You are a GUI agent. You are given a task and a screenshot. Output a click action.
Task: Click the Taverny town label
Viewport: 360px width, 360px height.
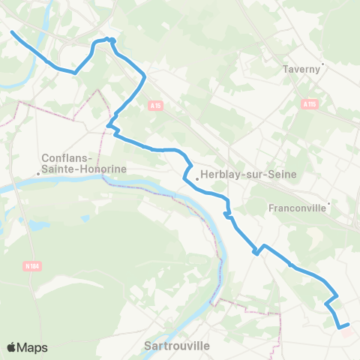(302, 70)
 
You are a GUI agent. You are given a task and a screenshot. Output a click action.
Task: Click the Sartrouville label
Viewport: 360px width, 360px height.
(176, 346)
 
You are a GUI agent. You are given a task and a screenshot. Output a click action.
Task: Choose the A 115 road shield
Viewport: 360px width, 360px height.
(309, 104)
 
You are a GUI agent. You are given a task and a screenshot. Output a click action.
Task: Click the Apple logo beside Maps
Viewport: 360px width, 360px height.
(12, 347)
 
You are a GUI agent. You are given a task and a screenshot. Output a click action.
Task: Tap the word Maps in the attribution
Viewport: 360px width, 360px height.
(33, 347)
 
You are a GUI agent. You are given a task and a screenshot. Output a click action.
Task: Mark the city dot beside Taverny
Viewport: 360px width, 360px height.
(322, 64)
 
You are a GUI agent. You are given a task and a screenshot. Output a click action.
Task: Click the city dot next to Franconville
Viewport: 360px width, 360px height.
(328, 202)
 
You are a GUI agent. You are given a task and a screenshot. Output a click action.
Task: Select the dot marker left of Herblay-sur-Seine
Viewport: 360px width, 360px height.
(196, 178)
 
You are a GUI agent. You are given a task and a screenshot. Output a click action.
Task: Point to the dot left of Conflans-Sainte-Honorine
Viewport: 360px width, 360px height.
(38, 174)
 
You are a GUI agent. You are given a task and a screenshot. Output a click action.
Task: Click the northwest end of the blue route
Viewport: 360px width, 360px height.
(12, 31)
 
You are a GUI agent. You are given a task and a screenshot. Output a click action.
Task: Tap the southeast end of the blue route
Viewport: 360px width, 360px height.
(348, 324)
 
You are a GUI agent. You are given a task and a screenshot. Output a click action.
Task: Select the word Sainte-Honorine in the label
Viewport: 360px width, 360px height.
(84, 169)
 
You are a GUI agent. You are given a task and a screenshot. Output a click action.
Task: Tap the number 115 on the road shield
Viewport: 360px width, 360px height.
(311, 104)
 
